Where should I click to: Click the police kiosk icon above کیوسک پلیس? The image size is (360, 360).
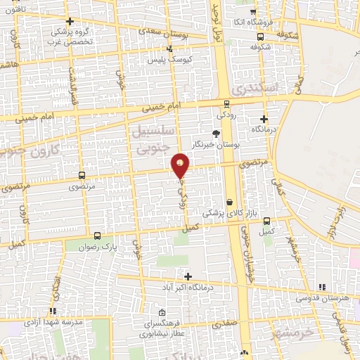pyautogui.click(x=169, y=49)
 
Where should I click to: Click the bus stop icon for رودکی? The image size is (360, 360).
pyautogui.click(x=226, y=103)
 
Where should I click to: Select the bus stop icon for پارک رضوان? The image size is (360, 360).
pyautogui.click(x=97, y=237)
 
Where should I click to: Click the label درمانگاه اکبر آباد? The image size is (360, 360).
pyautogui.click(x=198, y=286)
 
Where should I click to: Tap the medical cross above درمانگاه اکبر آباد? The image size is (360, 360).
pyautogui.click(x=187, y=275)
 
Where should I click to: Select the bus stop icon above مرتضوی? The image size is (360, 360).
pyautogui.click(x=82, y=175)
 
